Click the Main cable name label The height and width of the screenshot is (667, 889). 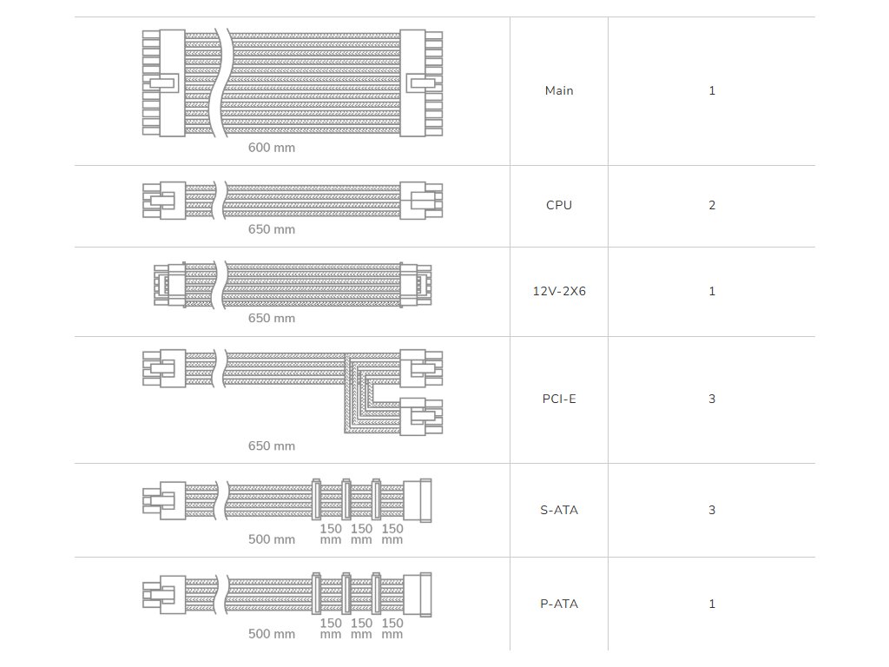[559, 90]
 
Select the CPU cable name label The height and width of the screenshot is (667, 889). [559, 205]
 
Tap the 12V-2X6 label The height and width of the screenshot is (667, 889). [559, 291]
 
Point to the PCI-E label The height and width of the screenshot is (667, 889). [559, 400]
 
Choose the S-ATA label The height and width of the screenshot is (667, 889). [559, 510]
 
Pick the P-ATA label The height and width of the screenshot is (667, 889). [559, 604]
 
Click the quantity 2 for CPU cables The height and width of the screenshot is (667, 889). [712, 205]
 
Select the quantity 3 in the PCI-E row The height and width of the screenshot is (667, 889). [712, 400]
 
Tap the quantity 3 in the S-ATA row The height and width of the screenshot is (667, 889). [712, 510]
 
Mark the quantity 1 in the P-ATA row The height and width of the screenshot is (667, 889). [712, 604]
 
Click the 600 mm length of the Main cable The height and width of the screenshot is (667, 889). [272, 148]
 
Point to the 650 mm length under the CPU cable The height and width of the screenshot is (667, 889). [272, 229]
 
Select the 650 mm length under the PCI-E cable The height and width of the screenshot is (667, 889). [272, 446]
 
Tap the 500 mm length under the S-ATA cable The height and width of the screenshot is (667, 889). [272, 539]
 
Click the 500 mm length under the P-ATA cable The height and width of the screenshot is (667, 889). [272, 634]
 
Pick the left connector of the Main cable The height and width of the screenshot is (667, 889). [164, 83]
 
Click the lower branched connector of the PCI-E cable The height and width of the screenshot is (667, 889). [421, 417]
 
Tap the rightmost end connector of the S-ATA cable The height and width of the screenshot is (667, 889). [425, 501]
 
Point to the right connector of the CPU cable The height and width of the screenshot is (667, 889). [421, 201]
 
